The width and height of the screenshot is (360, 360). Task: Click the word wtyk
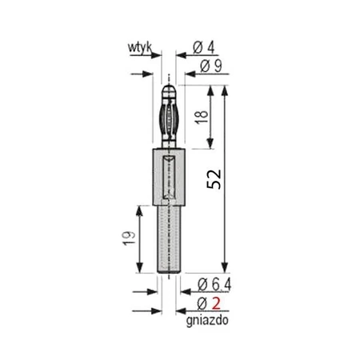138,48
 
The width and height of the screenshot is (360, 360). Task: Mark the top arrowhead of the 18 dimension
213,90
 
